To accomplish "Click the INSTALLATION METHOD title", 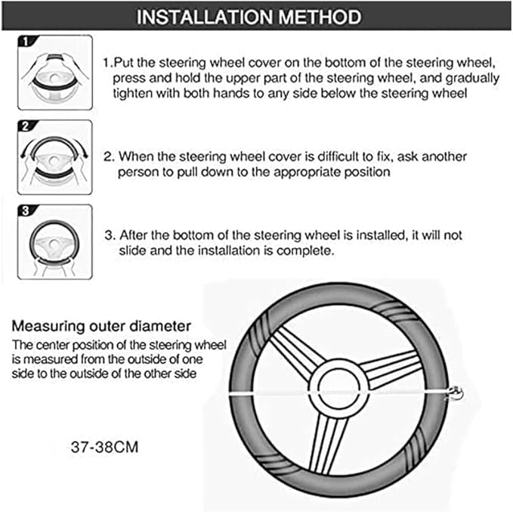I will pos(256,16).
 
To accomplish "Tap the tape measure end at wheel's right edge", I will pos(456,393).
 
